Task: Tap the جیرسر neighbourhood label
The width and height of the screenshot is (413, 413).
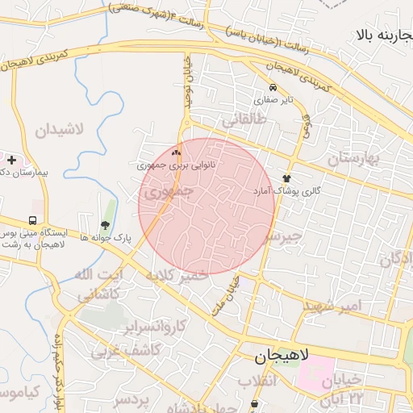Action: click(x=282, y=236)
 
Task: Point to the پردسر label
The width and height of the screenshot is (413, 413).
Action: click(x=131, y=399)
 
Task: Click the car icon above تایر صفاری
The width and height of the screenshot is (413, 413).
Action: click(x=273, y=88)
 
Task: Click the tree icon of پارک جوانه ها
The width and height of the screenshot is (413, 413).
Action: click(x=105, y=225)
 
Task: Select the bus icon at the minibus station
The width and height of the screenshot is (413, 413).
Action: click(x=33, y=220)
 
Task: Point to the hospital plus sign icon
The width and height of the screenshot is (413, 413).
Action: click(x=11, y=160)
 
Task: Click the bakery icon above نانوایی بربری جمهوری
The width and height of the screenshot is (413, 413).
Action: click(x=177, y=152)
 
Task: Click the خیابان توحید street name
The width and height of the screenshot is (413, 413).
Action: click(x=187, y=81)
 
